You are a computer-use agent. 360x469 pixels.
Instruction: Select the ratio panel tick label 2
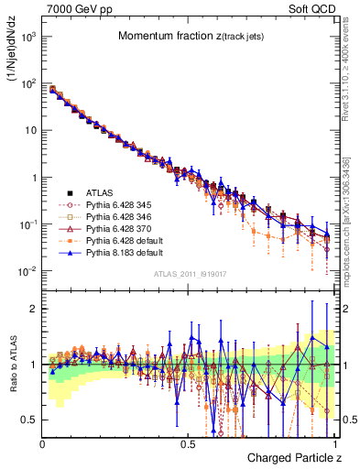34,309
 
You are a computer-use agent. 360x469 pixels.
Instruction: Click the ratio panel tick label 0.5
30,420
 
